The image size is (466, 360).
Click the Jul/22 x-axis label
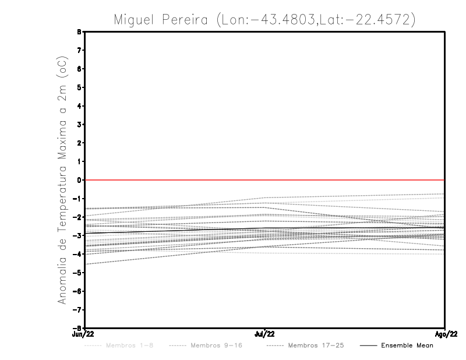(264, 333)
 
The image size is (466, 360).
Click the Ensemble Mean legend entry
(407, 346)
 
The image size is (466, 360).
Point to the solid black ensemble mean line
(175, 231)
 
